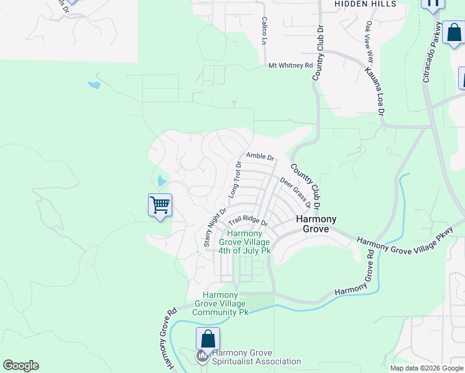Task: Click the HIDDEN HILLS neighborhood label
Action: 365,4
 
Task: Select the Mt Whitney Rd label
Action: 290,65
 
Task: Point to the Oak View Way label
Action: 369,42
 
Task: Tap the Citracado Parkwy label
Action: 433,53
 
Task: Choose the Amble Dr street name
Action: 260,156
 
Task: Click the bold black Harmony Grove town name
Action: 316,224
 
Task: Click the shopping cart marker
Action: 160,205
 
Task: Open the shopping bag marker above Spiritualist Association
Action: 208,339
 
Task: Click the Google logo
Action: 21,366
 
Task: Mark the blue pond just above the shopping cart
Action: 162,182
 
